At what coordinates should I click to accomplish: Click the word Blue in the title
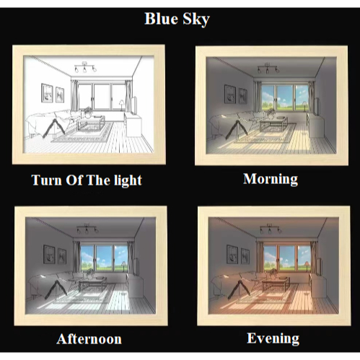click(162, 19)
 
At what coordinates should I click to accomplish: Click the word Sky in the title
click(196, 19)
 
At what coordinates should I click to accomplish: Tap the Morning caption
click(271, 180)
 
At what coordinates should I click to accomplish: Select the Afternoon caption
click(89, 339)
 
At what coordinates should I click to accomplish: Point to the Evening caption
click(273, 338)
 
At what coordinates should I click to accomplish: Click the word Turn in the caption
click(47, 180)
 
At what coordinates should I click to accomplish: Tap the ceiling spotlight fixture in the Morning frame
click(268, 68)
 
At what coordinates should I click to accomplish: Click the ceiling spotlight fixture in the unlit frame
click(85, 66)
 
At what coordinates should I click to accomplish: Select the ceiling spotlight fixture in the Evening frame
click(271, 229)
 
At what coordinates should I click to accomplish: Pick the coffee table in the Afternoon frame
click(92, 283)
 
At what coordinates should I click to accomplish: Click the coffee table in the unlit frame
click(91, 122)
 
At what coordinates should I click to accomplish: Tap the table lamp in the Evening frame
click(307, 266)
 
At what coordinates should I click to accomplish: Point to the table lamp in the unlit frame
click(122, 105)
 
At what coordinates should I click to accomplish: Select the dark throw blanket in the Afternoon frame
click(56, 289)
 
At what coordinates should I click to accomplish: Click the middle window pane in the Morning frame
click(285, 98)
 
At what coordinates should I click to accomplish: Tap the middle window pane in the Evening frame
click(287, 258)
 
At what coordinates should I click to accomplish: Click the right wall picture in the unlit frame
click(60, 95)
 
